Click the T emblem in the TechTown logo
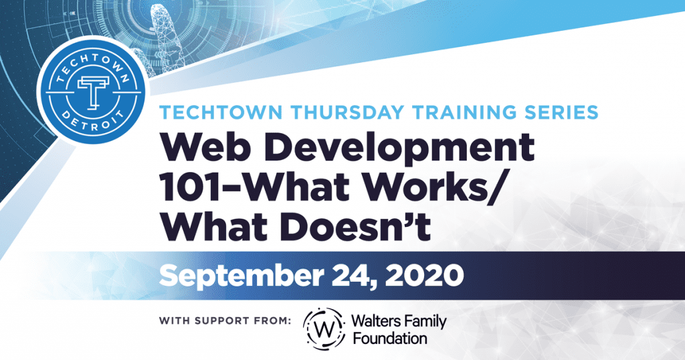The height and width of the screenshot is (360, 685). pos(93,93)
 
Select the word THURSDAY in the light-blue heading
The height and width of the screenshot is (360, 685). pos(347,112)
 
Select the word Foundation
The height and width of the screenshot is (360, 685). pos(390,339)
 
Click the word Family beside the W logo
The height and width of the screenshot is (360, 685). pos(423,323)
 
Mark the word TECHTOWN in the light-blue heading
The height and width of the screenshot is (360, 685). pos(221,112)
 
